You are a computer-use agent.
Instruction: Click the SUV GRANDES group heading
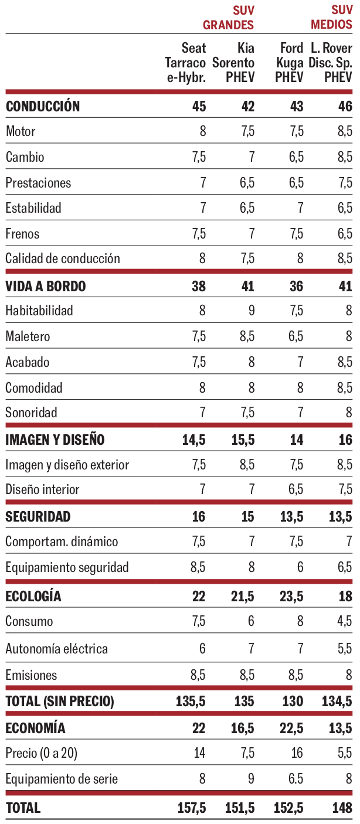pos(228,18)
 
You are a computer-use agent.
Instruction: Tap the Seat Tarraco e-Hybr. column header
pos(186,63)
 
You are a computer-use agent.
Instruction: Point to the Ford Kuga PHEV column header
pos(288,63)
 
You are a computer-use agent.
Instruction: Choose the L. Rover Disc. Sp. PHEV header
pos(331,63)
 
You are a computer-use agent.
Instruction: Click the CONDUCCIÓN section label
pos(43,106)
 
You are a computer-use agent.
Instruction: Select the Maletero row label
pos(28,336)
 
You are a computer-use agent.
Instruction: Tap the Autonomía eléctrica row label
pos(57,649)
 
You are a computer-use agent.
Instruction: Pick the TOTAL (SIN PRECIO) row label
pos(60,701)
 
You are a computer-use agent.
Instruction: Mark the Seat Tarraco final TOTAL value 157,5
pos(192,808)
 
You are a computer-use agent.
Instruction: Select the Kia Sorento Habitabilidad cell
pos(251,311)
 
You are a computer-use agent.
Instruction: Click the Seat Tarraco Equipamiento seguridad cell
pos(198,567)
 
